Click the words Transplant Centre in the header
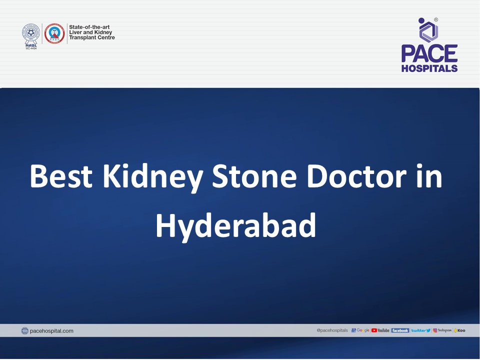click(x=92, y=38)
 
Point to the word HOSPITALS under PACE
click(x=429, y=68)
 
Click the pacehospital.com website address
click(x=51, y=331)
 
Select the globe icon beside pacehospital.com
click(x=25, y=331)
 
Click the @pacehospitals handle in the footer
click(x=332, y=330)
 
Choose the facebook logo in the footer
click(x=400, y=330)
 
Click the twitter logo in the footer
click(x=420, y=330)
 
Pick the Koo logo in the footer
click(x=459, y=330)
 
